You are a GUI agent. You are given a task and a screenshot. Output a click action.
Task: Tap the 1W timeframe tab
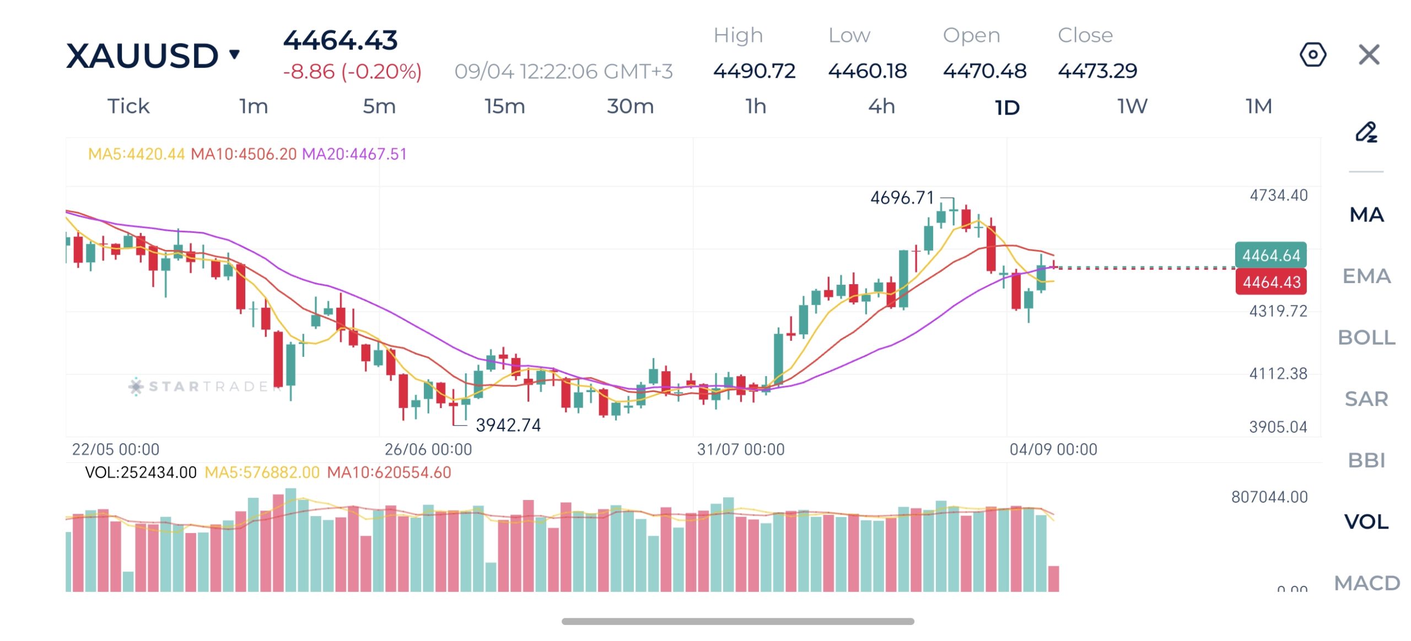pyautogui.click(x=1133, y=106)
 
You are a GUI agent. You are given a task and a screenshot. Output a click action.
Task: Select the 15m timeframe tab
pyautogui.click(x=505, y=106)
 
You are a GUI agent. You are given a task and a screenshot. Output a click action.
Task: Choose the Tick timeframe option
pyautogui.click(x=128, y=106)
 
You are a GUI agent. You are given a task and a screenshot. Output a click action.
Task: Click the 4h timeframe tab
pyautogui.click(x=881, y=106)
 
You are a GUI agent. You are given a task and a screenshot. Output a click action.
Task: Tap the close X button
pyautogui.click(x=1369, y=55)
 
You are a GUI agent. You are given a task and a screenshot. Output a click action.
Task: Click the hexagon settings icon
pyautogui.click(x=1313, y=55)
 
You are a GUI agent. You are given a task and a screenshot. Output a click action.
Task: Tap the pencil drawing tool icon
pyautogui.click(x=1366, y=132)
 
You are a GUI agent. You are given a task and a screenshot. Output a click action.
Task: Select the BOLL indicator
pyautogui.click(x=1366, y=337)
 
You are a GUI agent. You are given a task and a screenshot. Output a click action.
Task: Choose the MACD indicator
pyautogui.click(x=1367, y=583)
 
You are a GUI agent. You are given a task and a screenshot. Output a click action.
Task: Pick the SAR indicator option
pyautogui.click(x=1366, y=399)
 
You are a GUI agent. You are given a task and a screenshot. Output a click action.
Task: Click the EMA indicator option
pyautogui.click(x=1366, y=276)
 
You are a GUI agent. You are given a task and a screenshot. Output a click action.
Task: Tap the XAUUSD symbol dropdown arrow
pyautogui.click(x=235, y=54)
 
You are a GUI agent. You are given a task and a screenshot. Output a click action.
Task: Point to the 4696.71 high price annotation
pyautogui.click(x=902, y=197)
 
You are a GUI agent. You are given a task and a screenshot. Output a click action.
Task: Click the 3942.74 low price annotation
pyautogui.click(x=508, y=425)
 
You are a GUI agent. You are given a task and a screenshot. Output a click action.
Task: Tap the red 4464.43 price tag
pyautogui.click(x=1271, y=282)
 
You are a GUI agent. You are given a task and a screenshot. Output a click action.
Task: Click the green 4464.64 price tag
pyautogui.click(x=1271, y=255)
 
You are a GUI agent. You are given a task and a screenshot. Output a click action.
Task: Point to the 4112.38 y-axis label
pyautogui.click(x=1278, y=374)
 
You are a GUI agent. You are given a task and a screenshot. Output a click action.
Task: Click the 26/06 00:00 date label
pyautogui.click(x=428, y=449)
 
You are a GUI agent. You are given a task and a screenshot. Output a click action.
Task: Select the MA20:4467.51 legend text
pyautogui.click(x=354, y=154)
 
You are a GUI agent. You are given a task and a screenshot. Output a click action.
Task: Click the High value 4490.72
pyautogui.click(x=754, y=70)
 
